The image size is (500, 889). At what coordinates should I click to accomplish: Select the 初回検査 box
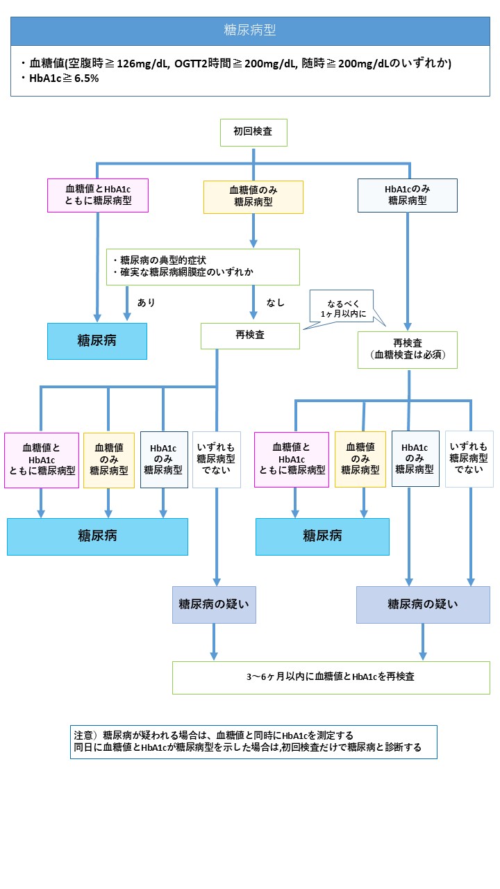pos(253,133)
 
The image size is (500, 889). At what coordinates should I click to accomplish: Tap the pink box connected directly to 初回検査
pos(98,195)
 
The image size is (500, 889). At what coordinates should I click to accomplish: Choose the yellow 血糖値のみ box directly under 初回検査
pos(253,197)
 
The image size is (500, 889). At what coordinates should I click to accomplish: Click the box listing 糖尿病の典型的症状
pos(203,267)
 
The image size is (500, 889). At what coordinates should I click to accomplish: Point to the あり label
pos(146,302)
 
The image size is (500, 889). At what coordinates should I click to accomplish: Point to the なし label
pos(276,303)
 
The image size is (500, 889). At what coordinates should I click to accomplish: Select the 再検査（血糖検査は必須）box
pos(408,349)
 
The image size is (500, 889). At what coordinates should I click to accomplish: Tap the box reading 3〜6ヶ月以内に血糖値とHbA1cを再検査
pos(331,677)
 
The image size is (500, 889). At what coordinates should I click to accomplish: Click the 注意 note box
pos(253,742)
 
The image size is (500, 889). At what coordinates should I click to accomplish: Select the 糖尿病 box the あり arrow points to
pos(97,341)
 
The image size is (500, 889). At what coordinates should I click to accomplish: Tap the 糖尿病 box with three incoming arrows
pos(98,537)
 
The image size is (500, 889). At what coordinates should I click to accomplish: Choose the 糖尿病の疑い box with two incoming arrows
pos(423,604)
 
